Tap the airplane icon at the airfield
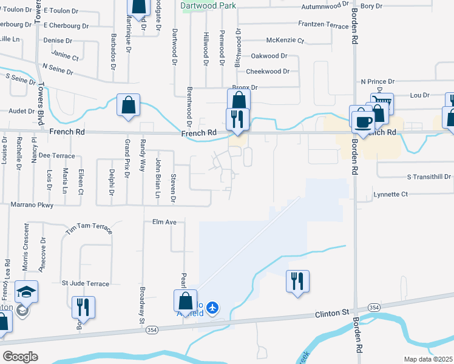pos(212,308)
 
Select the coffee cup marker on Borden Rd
pos(363,121)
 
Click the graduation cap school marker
pos(27,293)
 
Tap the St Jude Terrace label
pos(86,283)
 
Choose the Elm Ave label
pos(164,223)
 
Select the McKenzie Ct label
pos(285,41)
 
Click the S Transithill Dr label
pos(429,177)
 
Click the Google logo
pos(19,357)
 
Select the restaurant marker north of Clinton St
pos(297,281)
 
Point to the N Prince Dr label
pos(377,81)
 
